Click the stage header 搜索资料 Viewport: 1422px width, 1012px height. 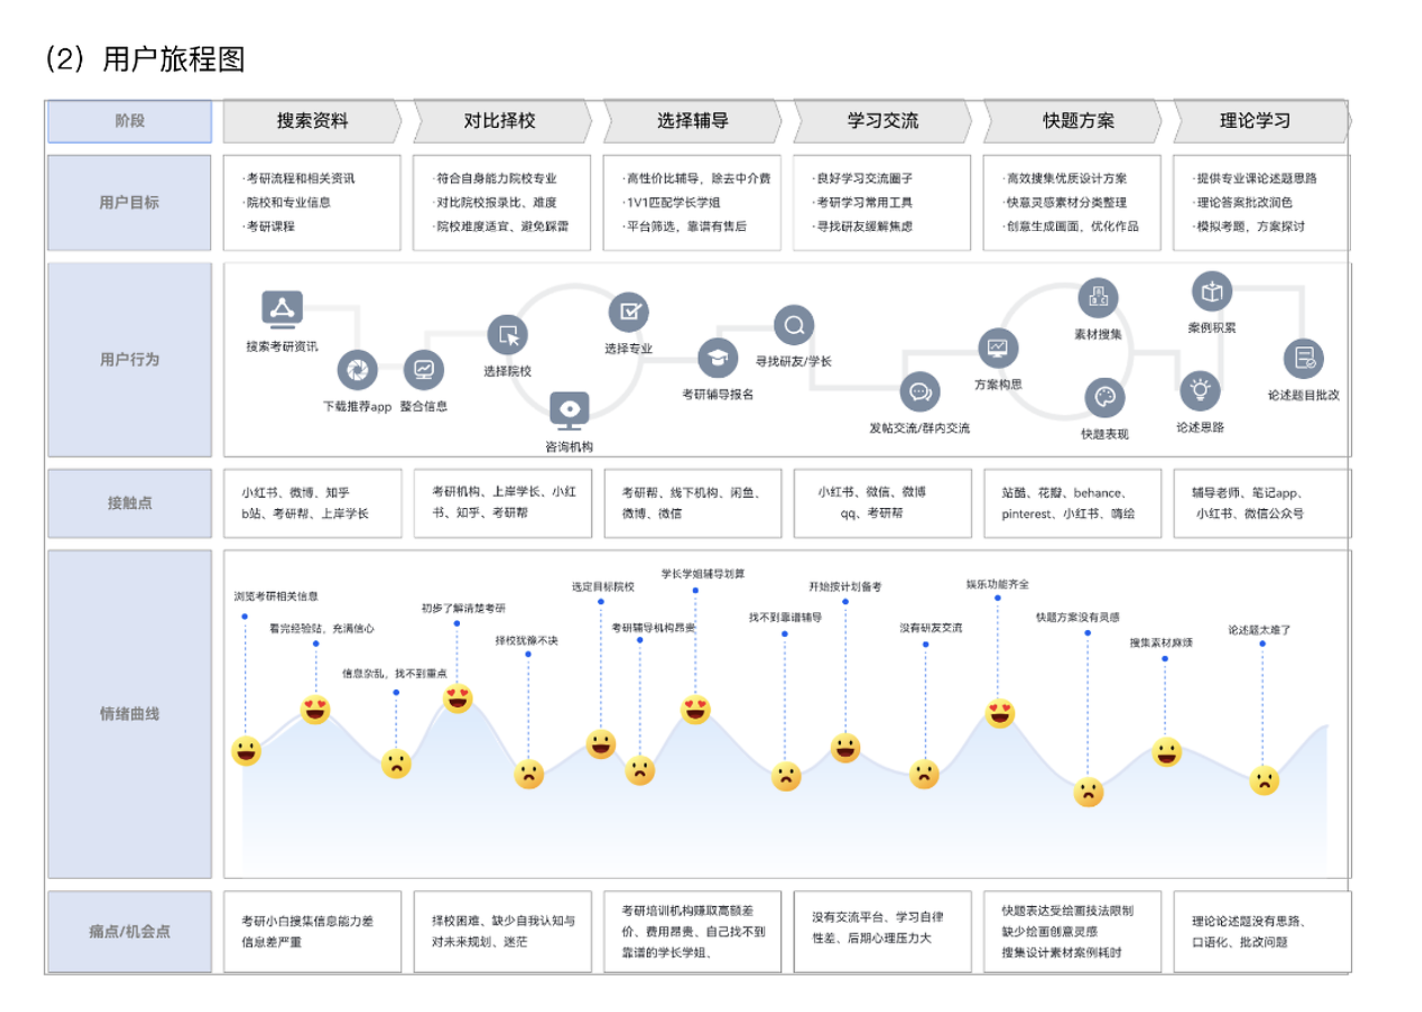(312, 120)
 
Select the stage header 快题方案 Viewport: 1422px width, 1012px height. (1078, 120)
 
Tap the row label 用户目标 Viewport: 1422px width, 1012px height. (130, 203)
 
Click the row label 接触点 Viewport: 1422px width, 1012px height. (130, 503)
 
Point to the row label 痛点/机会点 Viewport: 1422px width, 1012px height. (130, 931)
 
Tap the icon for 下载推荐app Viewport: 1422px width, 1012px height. (357, 370)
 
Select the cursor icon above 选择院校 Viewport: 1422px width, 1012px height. (507, 335)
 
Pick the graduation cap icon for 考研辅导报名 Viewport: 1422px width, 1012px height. (717, 358)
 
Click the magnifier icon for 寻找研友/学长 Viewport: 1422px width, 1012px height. (793, 325)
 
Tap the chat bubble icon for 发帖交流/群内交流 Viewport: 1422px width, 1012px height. (919, 392)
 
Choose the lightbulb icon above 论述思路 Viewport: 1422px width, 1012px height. (1200, 391)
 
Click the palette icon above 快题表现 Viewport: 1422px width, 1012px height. (1104, 398)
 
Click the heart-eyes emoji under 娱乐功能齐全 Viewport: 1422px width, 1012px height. (999, 713)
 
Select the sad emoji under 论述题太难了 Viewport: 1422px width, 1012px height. (1264, 780)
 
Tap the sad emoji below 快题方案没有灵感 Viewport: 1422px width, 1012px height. (1088, 792)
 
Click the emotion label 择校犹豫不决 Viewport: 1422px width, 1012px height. (526, 640)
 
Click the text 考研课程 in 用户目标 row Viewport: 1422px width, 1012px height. (271, 226)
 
